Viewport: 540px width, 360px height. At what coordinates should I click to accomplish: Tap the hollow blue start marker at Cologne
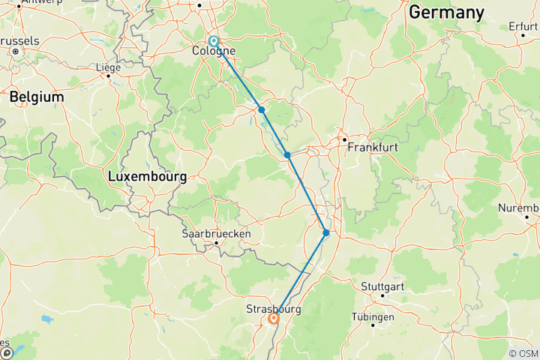pos(214,41)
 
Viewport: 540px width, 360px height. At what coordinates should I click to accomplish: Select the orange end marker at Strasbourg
pos(274,319)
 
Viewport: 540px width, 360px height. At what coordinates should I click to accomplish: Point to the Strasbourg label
pos(273,308)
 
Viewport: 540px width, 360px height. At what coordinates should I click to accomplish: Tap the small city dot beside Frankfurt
pos(344,139)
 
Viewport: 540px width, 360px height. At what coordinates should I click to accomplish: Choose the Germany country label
pos(446,13)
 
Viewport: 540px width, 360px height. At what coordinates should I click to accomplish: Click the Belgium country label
pos(37,97)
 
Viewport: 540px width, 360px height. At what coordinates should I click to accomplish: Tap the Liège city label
pos(108,67)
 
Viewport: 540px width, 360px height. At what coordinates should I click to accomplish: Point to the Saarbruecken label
pos(217,233)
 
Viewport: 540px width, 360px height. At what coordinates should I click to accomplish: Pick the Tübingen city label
pos(373,317)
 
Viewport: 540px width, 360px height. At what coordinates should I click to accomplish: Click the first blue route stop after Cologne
pos(262,109)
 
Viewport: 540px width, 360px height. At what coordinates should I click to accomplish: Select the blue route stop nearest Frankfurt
pos(287,155)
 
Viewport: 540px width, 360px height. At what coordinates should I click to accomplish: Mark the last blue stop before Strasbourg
pos(326,233)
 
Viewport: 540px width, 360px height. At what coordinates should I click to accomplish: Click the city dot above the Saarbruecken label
pos(217,242)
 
